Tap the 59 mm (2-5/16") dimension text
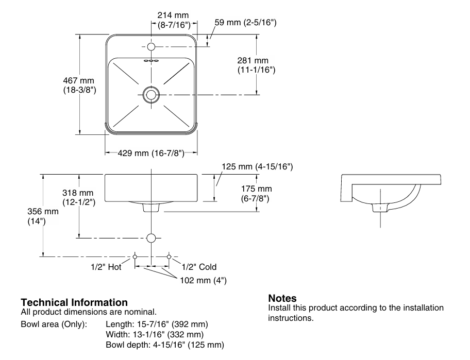coord(245,23)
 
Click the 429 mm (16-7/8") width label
coord(152,153)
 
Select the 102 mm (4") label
coord(203,280)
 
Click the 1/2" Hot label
coord(107,267)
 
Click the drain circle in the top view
coord(151,94)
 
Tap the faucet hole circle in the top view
coord(151,47)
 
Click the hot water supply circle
coord(135,256)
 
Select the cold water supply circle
coord(169,256)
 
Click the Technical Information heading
coord(74,302)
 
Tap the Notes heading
coord(282,299)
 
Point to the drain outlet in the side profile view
coord(380,208)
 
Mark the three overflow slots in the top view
coord(151,61)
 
